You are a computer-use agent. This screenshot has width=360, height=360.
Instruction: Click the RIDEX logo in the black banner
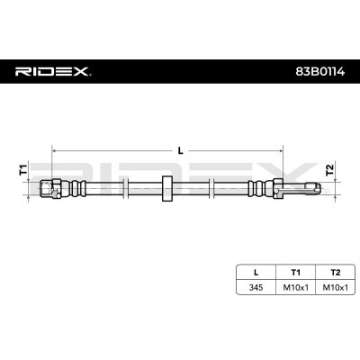pyautogui.click(x=53, y=71)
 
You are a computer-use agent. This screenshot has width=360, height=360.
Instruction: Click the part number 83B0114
pyautogui.click(x=320, y=72)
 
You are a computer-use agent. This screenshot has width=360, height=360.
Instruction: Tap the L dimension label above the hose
pyautogui.click(x=180, y=151)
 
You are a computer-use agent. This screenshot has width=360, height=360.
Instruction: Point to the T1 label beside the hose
pyautogui.click(x=23, y=170)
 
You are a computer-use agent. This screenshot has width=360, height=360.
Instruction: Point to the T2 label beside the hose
pyautogui.click(x=329, y=170)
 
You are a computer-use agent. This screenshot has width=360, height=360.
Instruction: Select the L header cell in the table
pyautogui.click(x=256, y=273)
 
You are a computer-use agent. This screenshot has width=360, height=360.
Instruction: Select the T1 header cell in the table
pyautogui.click(x=295, y=273)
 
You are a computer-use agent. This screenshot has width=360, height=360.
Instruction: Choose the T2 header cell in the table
pyautogui.click(x=336, y=273)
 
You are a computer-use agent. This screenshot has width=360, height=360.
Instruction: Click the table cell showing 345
pyautogui.click(x=256, y=288)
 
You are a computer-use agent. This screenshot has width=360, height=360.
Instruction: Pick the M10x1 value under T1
pyautogui.click(x=295, y=288)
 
